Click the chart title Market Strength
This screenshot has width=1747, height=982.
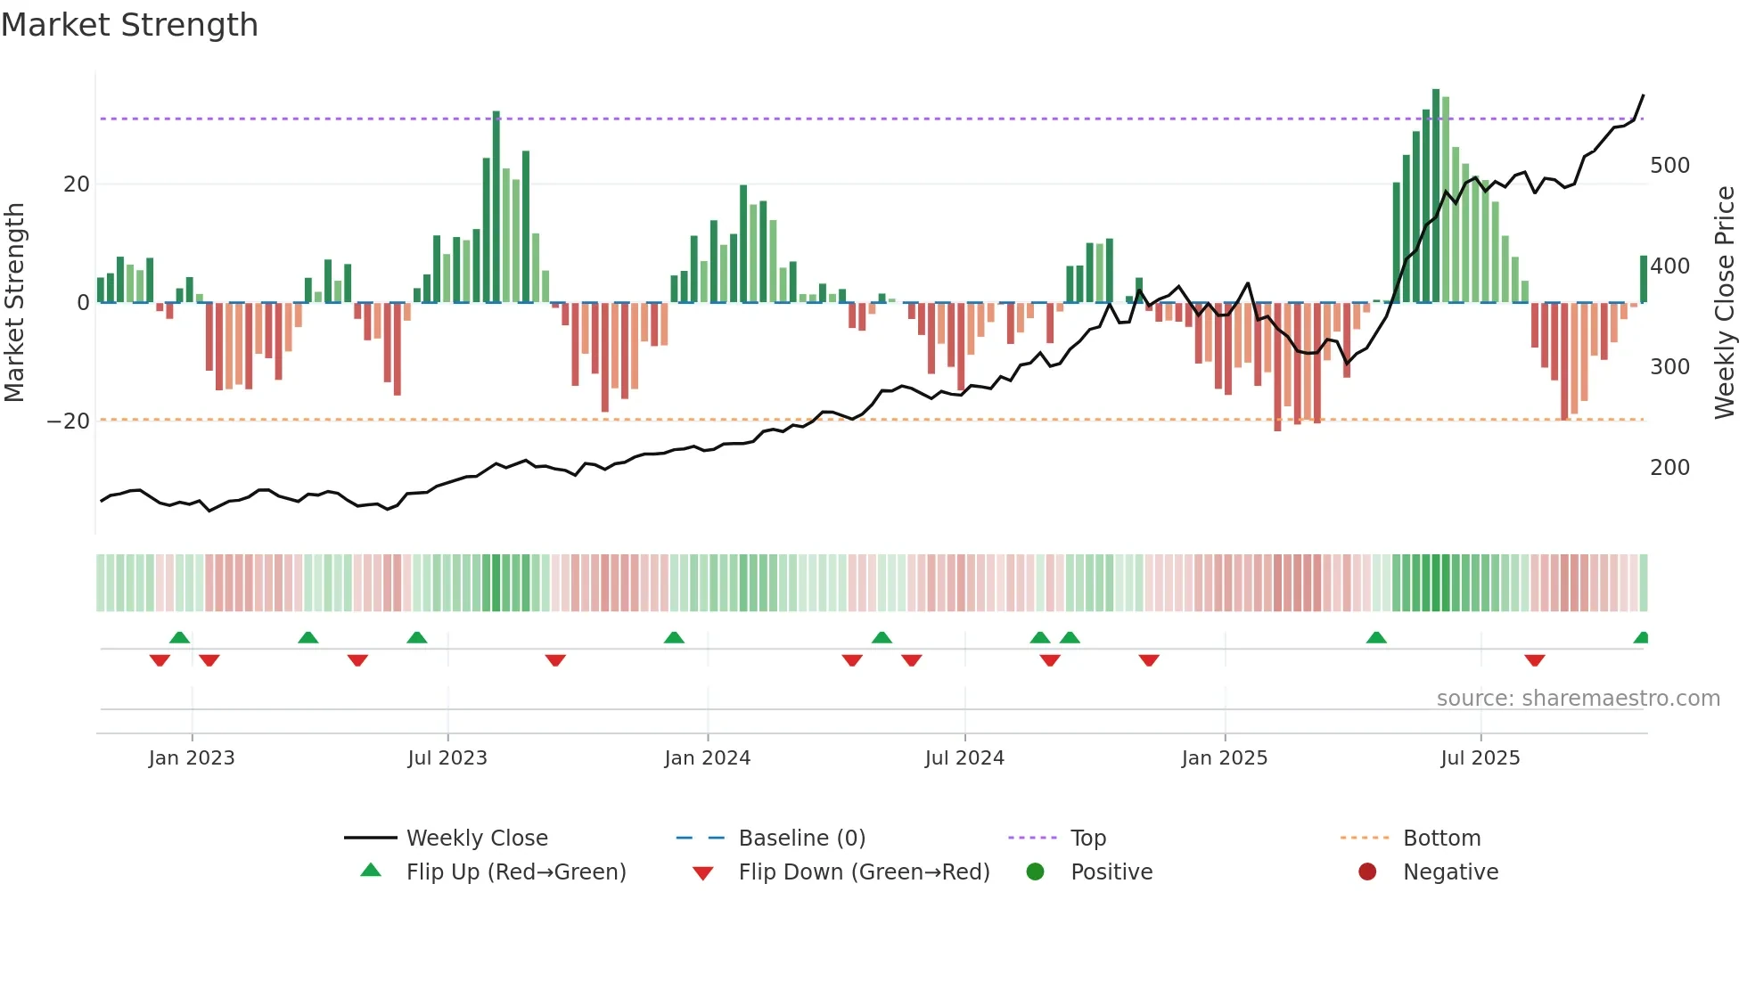[x=129, y=25]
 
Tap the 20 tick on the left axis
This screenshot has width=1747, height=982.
[x=77, y=184]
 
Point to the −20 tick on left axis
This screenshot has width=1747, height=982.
[x=69, y=421]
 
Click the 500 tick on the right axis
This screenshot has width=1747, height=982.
[x=1669, y=166]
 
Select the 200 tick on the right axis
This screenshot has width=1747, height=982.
[x=1669, y=467]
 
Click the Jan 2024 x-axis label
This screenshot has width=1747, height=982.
[x=707, y=758]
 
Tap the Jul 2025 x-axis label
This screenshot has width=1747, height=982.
[x=1480, y=758]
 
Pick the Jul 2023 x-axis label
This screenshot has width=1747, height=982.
[x=447, y=758]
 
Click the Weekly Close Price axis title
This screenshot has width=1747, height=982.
[x=1725, y=303]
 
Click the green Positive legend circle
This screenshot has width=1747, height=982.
[x=1035, y=872]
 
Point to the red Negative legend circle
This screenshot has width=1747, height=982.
[x=1367, y=872]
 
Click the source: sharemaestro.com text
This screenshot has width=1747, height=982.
[x=1578, y=699]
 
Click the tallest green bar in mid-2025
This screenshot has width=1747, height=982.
[x=1436, y=196]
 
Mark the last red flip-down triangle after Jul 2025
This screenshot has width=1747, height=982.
[x=1534, y=660]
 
